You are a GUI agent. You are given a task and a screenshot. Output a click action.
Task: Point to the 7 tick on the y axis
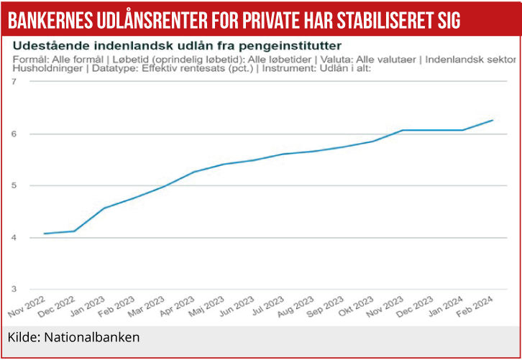(x=14, y=82)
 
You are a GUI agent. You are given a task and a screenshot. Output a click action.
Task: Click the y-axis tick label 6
(x=14, y=134)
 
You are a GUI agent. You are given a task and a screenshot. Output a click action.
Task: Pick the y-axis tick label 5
(x=14, y=185)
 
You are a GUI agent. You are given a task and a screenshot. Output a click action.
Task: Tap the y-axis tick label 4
(x=14, y=238)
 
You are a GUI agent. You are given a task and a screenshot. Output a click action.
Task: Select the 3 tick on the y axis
(x=14, y=290)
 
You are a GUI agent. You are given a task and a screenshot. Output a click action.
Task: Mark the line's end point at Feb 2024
(x=493, y=120)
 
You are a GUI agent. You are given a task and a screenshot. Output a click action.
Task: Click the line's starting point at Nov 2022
(x=44, y=234)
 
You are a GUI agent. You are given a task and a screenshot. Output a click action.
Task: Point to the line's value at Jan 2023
(x=104, y=208)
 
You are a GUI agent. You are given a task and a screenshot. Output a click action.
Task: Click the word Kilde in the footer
(x=22, y=337)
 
